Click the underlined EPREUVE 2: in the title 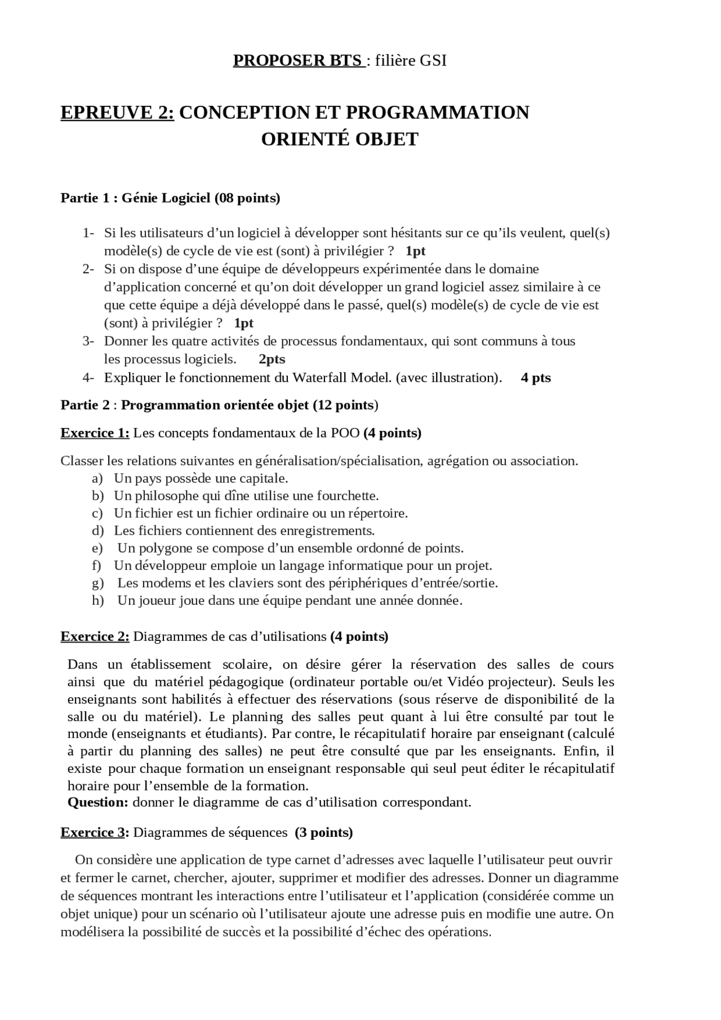[x=118, y=112]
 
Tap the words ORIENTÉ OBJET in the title [x=340, y=139]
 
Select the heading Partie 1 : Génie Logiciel [x=170, y=198]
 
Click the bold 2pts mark [x=272, y=359]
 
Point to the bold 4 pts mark [x=536, y=378]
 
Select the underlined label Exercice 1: [x=95, y=433]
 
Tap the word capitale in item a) [x=264, y=479]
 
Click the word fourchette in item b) [x=348, y=496]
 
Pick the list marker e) [x=97, y=549]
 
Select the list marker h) [x=98, y=601]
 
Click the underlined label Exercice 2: [x=95, y=637]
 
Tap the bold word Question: [x=97, y=803]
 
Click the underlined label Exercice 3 [x=93, y=833]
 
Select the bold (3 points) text [x=324, y=833]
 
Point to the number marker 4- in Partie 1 [x=88, y=378]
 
